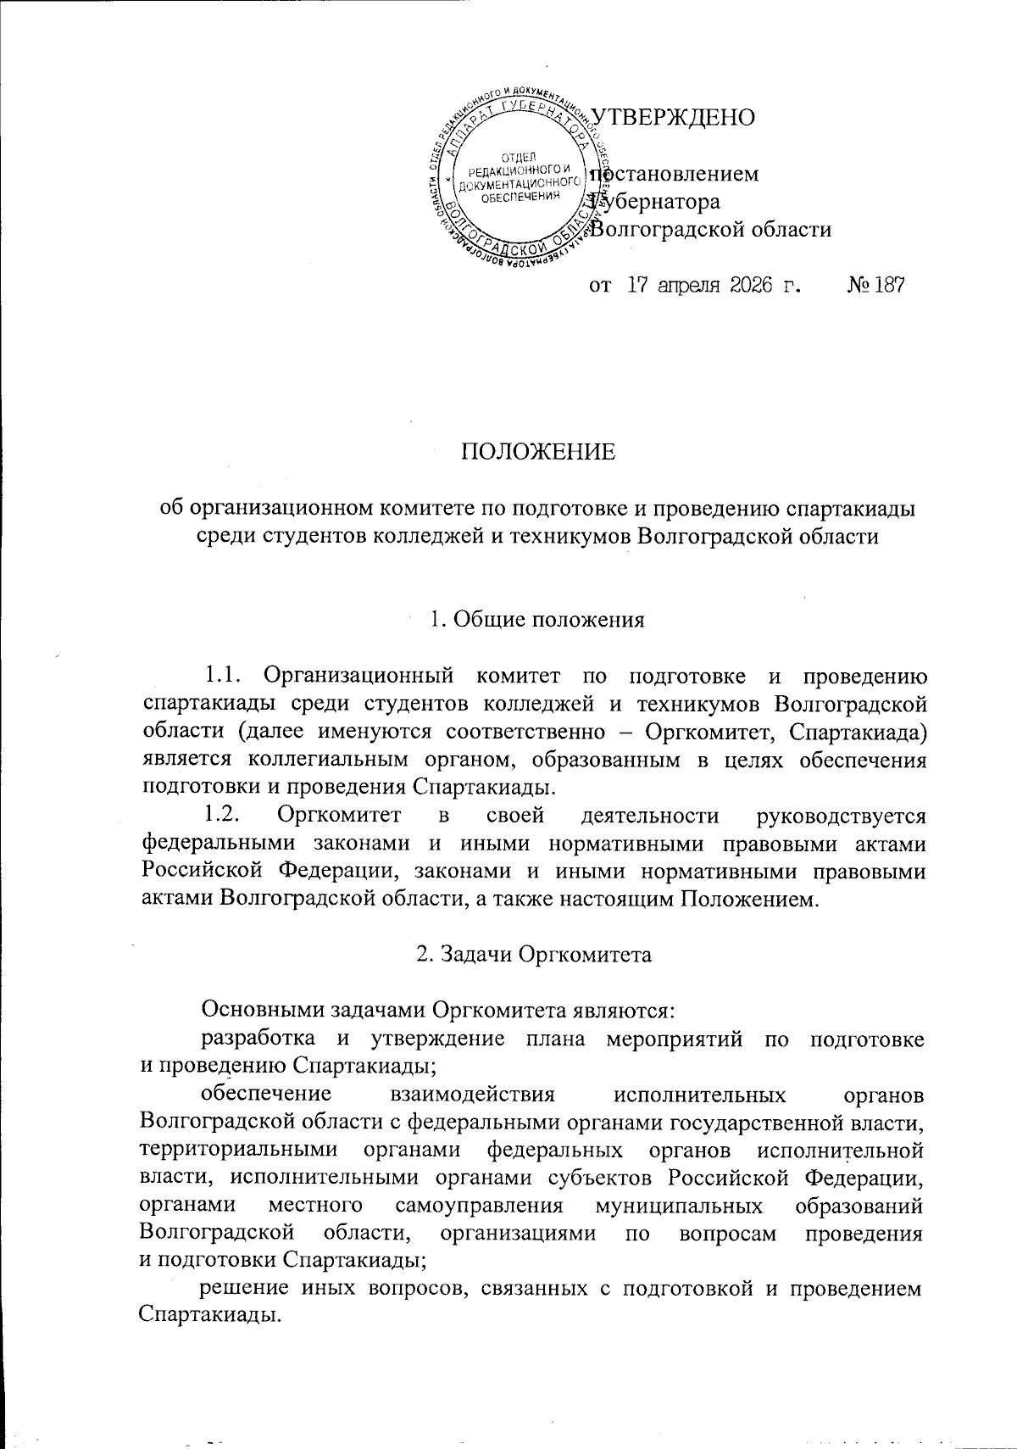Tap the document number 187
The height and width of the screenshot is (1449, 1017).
[x=886, y=285]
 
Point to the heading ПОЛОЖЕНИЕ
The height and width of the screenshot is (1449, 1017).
[x=538, y=452]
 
